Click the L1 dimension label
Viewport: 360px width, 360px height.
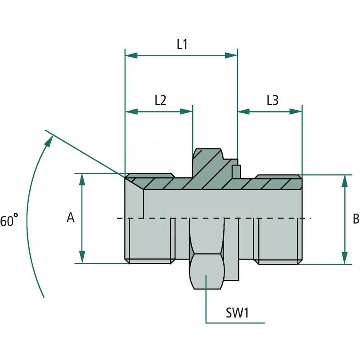[x=182, y=44]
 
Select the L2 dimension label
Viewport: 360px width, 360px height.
[x=160, y=100]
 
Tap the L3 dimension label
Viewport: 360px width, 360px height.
[x=272, y=100]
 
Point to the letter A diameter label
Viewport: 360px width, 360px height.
[x=70, y=218]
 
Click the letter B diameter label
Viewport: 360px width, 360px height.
[x=355, y=219]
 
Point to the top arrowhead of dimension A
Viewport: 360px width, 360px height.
[x=82, y=180]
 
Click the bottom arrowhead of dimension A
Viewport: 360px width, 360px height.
[x=82, y=257]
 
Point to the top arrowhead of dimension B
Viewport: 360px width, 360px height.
[x=345, y=180]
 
